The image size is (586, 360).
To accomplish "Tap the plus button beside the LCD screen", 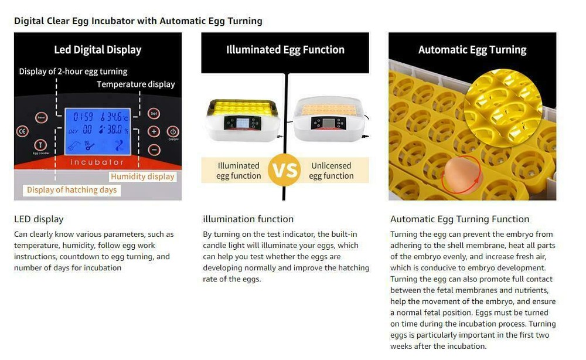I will (x=154, y=131).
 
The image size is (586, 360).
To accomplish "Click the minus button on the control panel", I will (x=154, y=149).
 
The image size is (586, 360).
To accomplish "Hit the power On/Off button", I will (x=173, y=131).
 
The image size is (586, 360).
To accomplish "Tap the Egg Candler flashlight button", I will (x=40, y=145).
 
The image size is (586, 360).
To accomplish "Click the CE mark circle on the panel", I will (x=22, y=131).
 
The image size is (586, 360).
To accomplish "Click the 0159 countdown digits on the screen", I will (x=83, y=117).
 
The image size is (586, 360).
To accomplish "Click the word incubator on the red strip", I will (x=97, y=162).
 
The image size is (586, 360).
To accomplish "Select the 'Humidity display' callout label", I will (x=142, y=176).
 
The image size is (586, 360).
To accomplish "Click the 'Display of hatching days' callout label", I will (x=71, y=190).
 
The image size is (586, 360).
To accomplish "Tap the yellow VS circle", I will (x=284, y=171).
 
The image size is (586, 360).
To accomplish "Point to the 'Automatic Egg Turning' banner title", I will (x=472, y=50).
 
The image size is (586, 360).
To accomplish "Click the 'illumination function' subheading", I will (x=248, y=219).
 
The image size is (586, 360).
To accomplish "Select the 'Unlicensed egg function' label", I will (x=331, y=171).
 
